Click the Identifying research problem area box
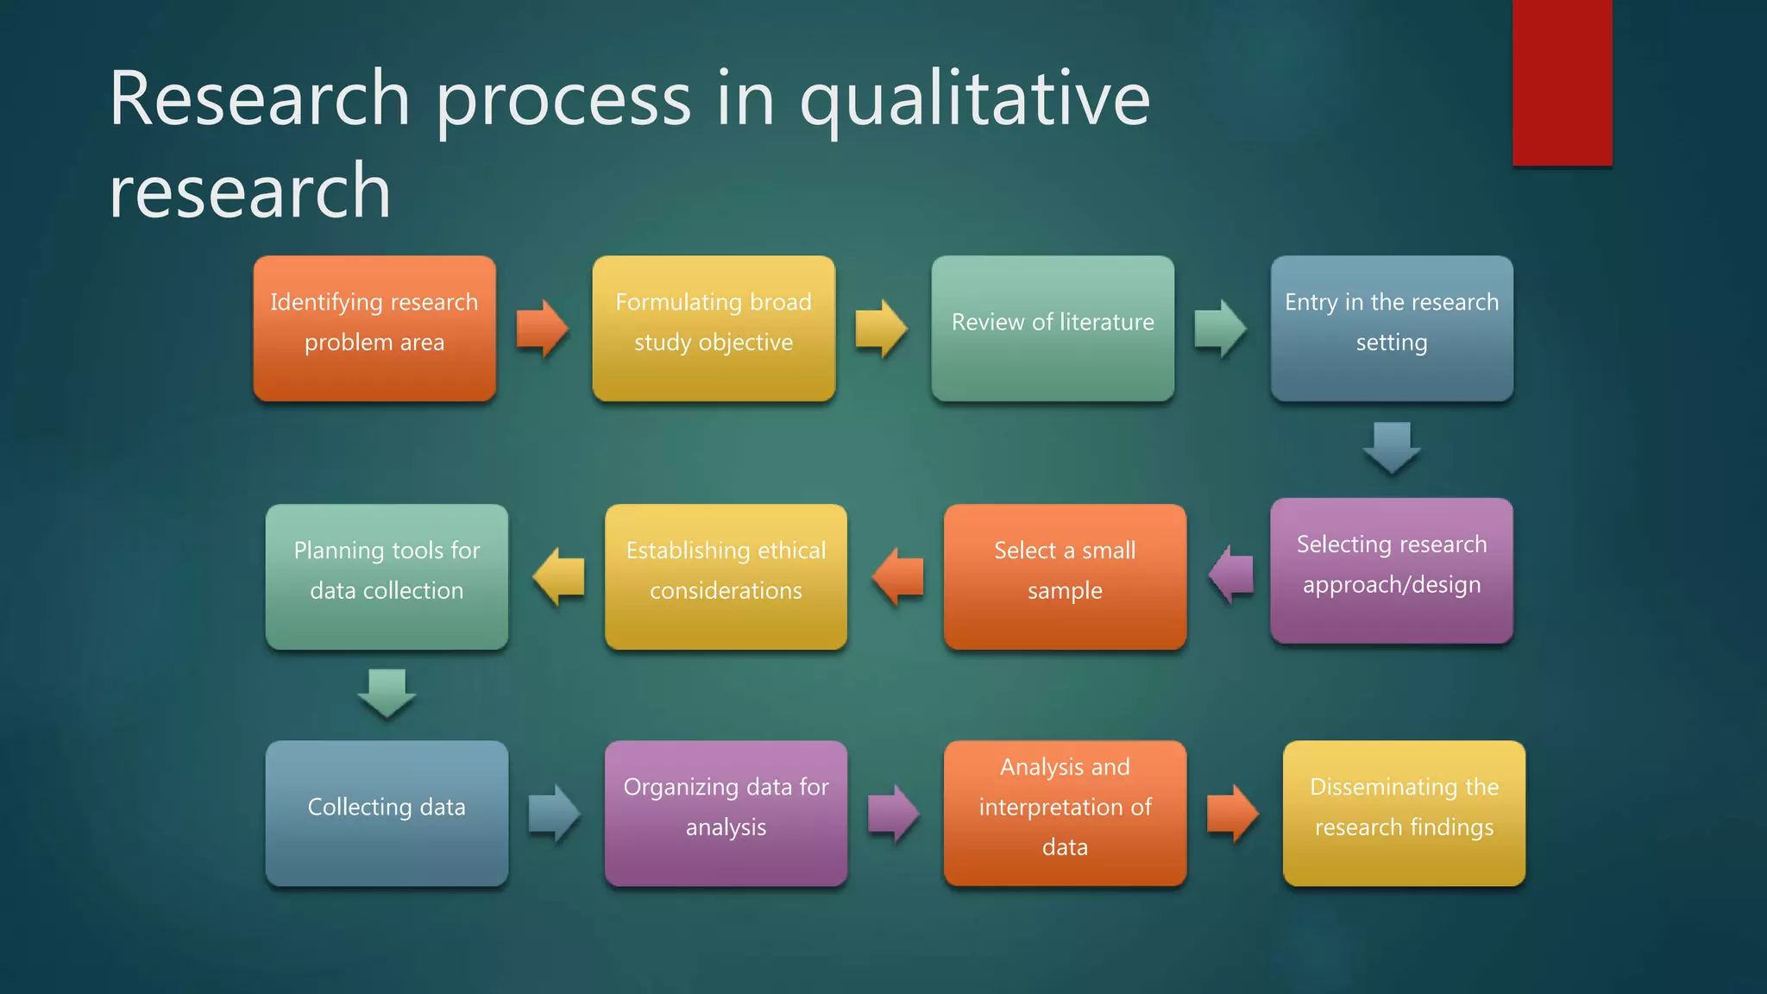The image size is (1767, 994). coord(374,329)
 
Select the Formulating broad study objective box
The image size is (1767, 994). coord(714,329)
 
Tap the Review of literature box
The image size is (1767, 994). coord(1053,329)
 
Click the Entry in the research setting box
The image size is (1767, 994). coord(1392,329)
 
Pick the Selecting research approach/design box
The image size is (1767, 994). coord(1392,570)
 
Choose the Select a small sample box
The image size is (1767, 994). coord(1065,576)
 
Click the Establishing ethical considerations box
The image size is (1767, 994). coord(726,576)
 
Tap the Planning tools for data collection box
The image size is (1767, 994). coord(387,576)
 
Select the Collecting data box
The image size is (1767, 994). coord(387,813)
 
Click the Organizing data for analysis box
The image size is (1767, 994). coord(726,813)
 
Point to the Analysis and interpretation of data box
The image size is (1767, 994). coord(1065,813)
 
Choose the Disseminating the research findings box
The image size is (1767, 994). coord(1404,813)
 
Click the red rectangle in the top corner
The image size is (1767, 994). coord(1562,82)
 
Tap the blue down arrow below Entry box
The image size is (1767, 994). coord(1392,447)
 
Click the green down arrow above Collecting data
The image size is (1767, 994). coord(387,693)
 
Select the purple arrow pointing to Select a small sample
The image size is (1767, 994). coord(1231,575)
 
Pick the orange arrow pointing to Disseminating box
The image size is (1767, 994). coord(1232,813)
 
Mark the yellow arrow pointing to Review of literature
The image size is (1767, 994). coord(880,329)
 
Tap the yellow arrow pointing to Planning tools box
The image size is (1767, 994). coord(559,576)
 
